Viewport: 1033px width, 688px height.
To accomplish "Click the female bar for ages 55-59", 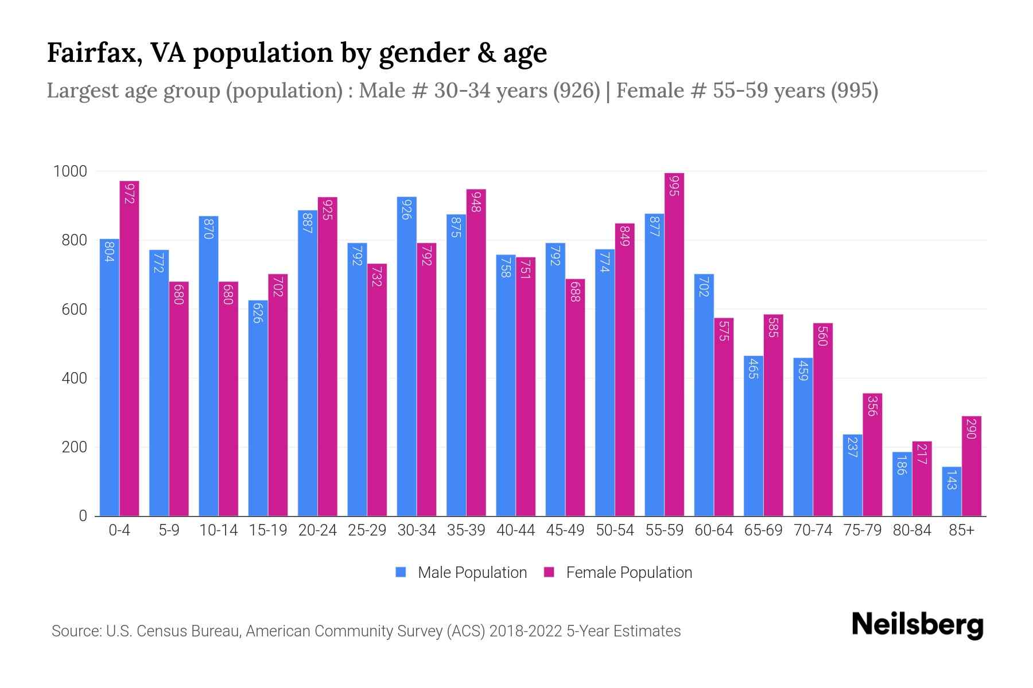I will click(674, 344).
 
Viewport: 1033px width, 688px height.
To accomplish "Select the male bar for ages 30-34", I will click(406, 355).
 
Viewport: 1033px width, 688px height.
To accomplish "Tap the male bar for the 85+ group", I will click(952, 491).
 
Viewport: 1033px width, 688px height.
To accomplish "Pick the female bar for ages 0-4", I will click(129, 348).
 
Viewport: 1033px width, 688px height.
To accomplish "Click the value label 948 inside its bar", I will click(476, 202).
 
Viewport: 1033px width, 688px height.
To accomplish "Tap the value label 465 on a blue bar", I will click(754, 368).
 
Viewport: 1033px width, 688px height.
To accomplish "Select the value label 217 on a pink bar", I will click(922, 454).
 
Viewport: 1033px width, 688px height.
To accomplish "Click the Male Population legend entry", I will click(461, 573).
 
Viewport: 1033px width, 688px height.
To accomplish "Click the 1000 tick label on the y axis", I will click(70, 171).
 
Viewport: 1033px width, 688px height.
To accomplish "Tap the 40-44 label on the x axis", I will click(515, 530).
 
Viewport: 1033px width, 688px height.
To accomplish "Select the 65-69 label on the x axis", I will click(763, 530).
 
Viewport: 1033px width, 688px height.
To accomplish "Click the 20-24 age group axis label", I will click(317, 530).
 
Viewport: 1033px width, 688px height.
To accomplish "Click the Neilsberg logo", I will click(917, 625).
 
